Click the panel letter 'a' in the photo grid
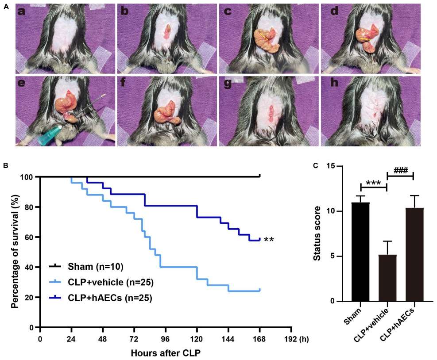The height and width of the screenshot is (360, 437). [23, 12]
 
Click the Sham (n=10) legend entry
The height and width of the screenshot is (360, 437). [95, 267]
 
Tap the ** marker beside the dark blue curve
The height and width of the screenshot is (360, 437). [269, 241]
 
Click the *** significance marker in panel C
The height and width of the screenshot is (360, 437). [374, 184]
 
